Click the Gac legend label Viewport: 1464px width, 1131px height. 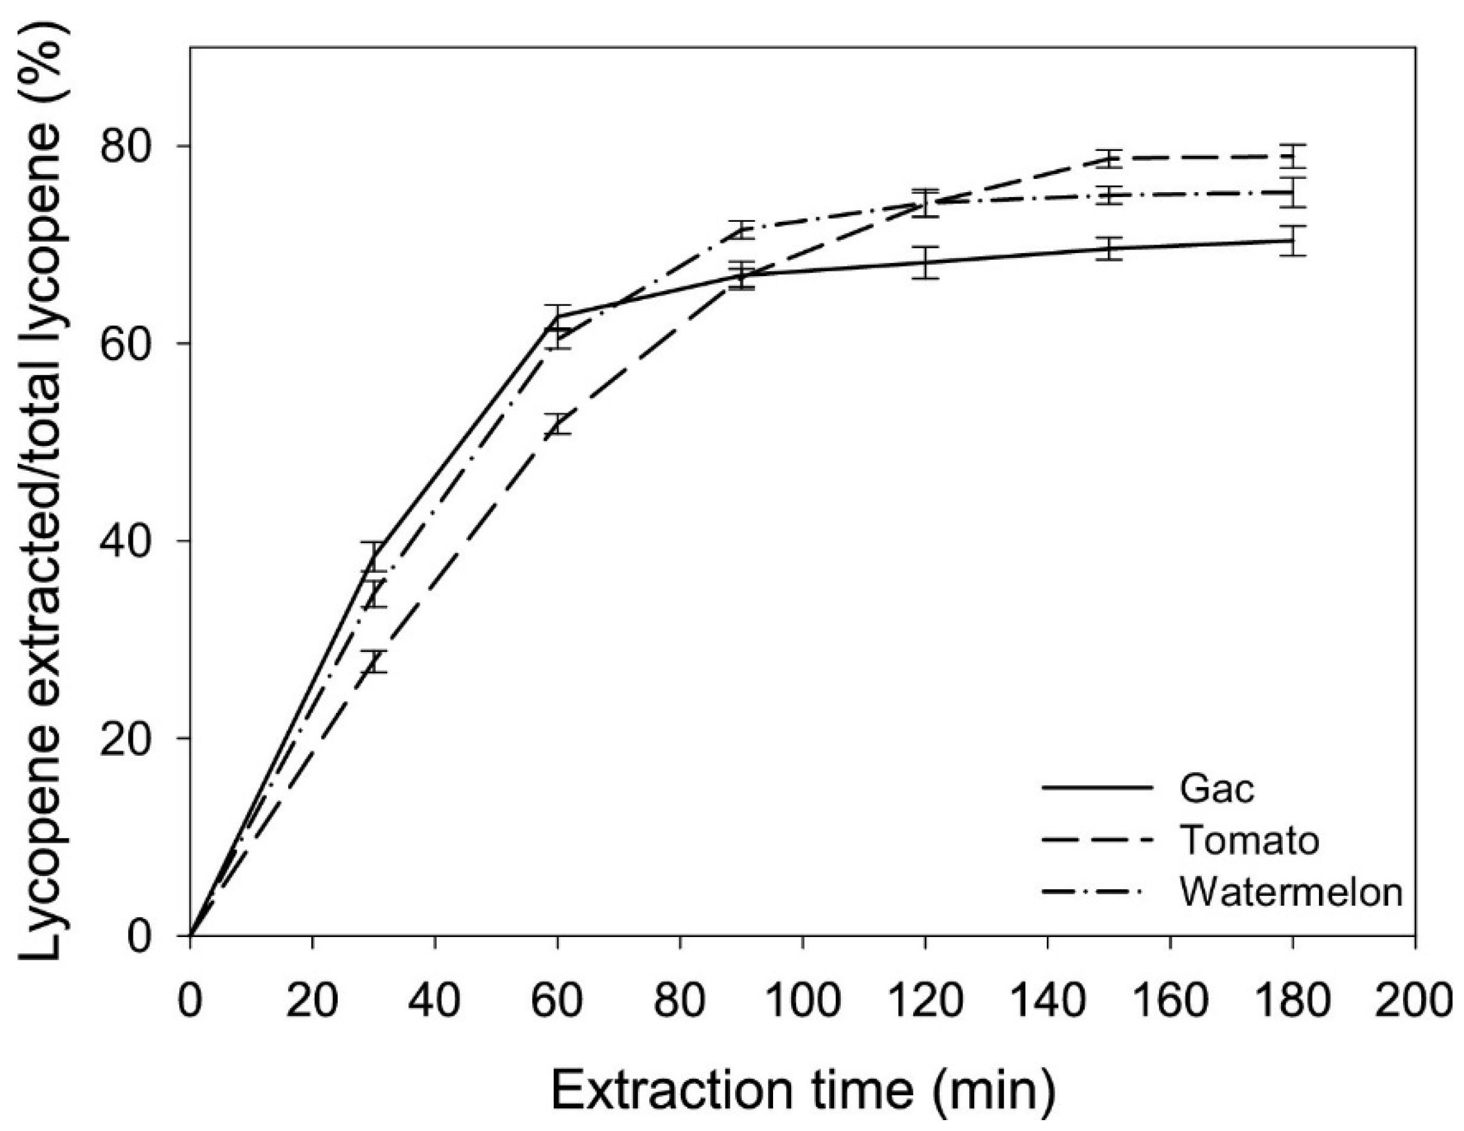click(1216, 789)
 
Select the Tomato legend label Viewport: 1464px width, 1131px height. click(1250, 840)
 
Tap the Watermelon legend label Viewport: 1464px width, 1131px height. click(1291, 892)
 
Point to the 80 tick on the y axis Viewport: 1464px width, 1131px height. click(133, 146)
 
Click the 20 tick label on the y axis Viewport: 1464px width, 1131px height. click(133, 738)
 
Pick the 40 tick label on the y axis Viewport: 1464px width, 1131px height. click(133, 540)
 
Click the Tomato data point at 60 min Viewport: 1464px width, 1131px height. click(557, 424)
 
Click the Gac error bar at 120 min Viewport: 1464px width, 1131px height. click(925, 262)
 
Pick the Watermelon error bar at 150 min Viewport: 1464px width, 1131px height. click(1109, 195)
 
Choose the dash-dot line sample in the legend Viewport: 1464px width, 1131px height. click(1097, 892)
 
